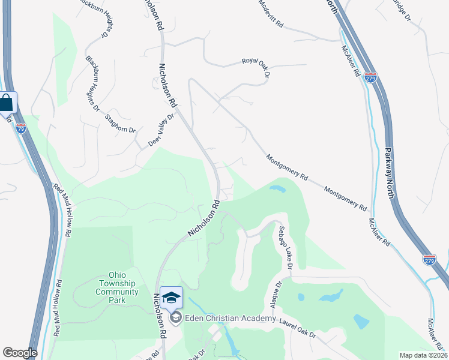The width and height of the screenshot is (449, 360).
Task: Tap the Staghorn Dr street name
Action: coord(120,123)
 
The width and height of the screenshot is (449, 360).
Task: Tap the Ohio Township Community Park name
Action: coord(116,283)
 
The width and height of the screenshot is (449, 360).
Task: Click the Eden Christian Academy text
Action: coord(229,318)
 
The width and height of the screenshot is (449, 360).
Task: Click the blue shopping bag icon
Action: coord(6,103)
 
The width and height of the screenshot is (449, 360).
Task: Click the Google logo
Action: coord(20,353)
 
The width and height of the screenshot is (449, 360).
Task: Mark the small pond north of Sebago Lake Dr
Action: coord(277,189)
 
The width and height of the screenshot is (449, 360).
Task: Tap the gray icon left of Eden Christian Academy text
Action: coord(176,318)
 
